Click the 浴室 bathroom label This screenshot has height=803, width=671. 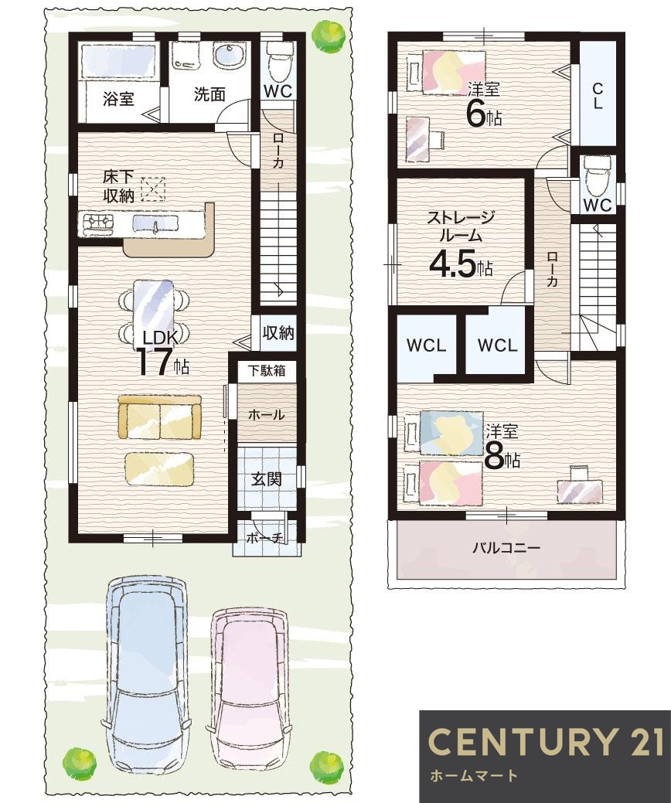pos(118,98)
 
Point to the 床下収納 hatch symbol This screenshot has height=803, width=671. pos(153,189)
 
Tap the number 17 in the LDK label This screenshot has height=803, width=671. pos(152,361)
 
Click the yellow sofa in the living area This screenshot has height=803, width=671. pos(159,417)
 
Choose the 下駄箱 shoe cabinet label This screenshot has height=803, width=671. pos(267,370)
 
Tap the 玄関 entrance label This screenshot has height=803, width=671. pos(267,479)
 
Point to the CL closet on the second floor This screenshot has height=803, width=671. pos(598,95)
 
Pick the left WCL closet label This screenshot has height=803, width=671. pos(426,345)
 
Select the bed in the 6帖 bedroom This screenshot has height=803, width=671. pos(446,72)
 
